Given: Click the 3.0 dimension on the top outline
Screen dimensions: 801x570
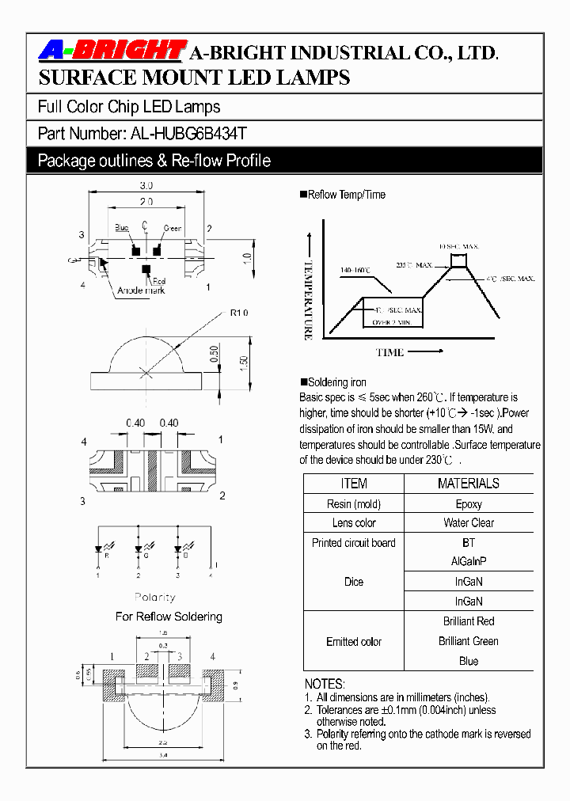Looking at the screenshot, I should click(x=146, y=186).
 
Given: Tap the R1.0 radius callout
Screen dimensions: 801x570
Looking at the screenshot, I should click(x=239, y=313).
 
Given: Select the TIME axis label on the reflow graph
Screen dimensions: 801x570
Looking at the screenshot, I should click(x=389, y=352).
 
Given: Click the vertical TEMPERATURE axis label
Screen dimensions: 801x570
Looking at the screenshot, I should click(x=308, y=301).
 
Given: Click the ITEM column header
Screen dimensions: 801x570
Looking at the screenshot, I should click(x=353, y=484).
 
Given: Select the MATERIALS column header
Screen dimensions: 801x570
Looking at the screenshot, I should click(x=469, y=484).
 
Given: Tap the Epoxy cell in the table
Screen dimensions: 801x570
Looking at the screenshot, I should click(x=469, y=504).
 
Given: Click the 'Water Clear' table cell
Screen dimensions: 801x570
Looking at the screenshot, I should click(x=469, y=523).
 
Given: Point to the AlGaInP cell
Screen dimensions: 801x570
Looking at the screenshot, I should click(x=469, y=562).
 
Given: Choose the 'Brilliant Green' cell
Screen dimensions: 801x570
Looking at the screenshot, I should click(x=469, y=641).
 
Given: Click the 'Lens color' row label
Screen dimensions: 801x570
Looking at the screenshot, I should click(x=353, y=523).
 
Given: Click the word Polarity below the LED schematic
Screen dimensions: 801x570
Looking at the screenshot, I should click(x=155, y=598).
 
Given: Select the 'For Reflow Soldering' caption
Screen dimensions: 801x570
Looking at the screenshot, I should click(x=169, y=617).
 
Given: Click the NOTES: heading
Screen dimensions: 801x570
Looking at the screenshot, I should click(x=325, y=684).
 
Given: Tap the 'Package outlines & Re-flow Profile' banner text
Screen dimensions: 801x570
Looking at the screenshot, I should click(x=154, y=161).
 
